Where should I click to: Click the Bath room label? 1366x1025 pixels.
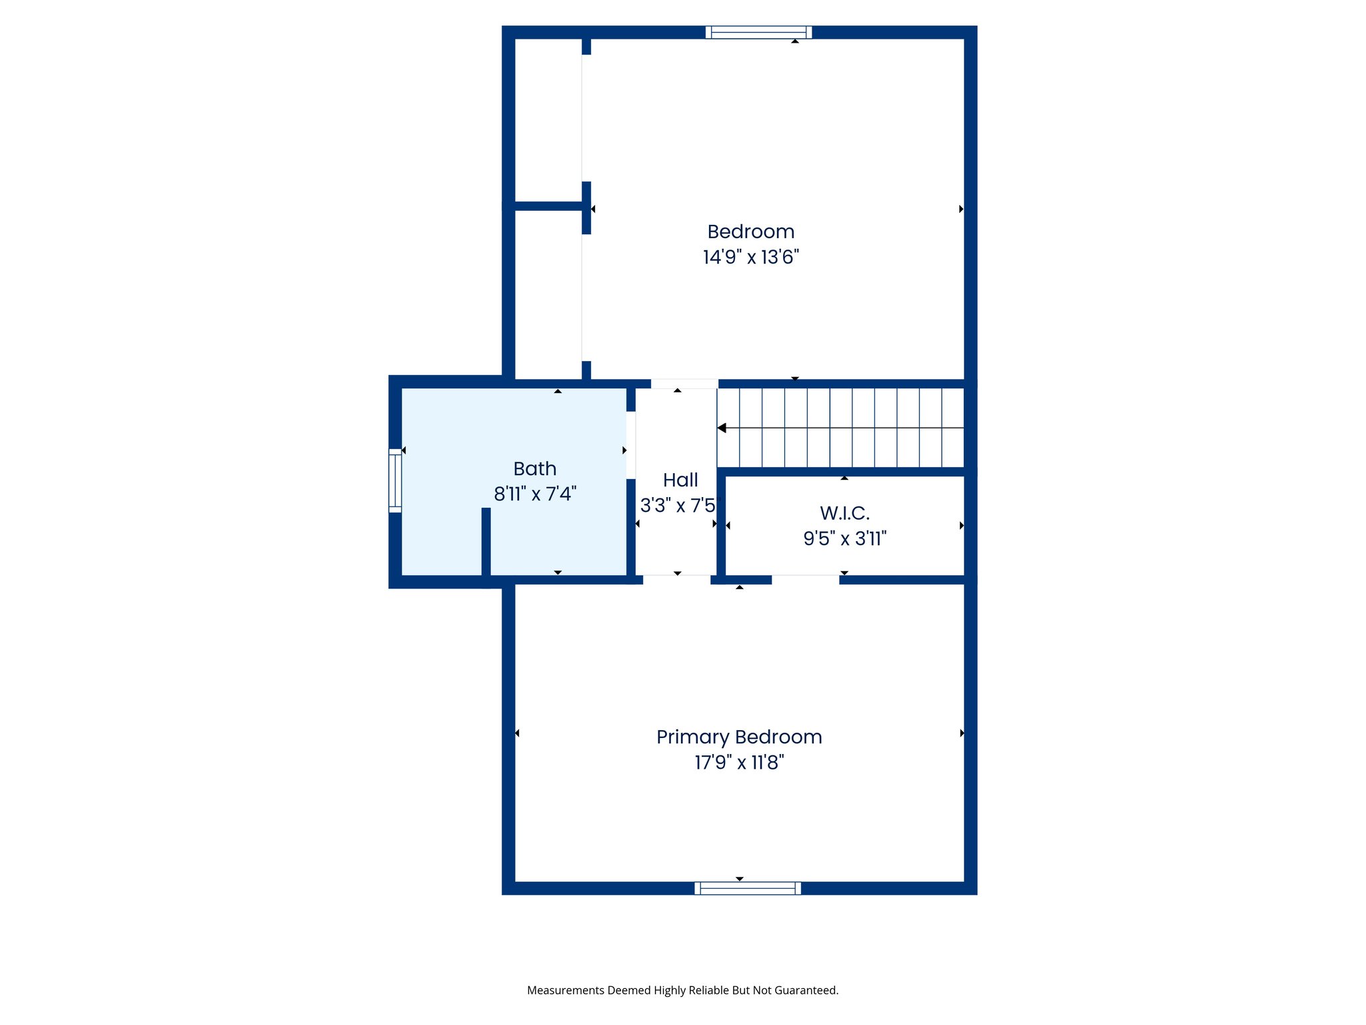[534, 468]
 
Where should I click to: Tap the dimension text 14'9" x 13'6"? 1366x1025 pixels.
[750, 257]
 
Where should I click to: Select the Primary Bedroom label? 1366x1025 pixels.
[739, 737]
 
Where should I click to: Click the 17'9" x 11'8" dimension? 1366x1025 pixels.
[739, 762]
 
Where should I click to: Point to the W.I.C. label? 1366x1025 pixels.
[844, 513]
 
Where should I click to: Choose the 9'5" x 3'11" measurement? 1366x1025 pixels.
[844, 539]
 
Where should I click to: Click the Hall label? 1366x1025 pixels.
[680, 480]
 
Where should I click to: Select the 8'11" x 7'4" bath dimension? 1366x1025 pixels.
[534, 494]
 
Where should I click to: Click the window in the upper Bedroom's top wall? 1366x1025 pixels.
[758, 32]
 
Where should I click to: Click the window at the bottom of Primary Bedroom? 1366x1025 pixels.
[747, 888]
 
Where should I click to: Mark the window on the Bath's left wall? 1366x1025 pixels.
[395, 480]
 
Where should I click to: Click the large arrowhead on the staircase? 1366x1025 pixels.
[722, 428]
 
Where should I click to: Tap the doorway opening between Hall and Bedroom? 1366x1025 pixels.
[684, 384]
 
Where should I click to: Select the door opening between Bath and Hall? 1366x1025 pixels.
[631, 445]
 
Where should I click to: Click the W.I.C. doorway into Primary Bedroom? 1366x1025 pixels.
[805, 579]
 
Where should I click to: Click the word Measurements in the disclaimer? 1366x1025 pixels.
[566, 990]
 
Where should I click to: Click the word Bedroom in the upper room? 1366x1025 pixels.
[750, 232]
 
